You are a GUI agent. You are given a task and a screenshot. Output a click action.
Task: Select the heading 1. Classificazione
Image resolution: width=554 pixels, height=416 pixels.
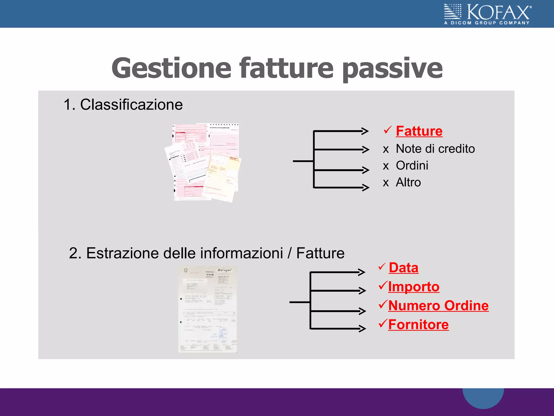pos(123,105)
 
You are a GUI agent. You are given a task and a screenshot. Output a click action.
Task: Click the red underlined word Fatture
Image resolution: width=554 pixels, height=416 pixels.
pos(419,131)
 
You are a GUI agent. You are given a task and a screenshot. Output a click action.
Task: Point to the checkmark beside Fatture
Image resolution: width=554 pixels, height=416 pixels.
pos(387,130)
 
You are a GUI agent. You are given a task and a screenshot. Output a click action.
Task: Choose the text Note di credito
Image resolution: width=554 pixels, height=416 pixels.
pos(435,149)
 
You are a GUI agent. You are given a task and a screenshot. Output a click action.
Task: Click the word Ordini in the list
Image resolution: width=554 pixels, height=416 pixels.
pos(412,165)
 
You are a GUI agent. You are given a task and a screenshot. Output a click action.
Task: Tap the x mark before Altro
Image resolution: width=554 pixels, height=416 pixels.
pos(386,183)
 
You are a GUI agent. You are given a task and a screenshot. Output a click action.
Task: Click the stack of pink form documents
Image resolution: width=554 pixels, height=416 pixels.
pos(203,162)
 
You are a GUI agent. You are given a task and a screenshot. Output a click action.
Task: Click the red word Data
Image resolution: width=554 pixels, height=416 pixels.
pos(403,268)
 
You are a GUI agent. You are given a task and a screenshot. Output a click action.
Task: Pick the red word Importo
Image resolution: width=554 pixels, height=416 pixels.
pos(414,287)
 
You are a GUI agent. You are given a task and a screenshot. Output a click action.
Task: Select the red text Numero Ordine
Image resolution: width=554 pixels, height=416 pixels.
pos(438,306)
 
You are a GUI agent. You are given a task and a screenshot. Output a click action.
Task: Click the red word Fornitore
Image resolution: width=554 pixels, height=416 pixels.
pos(418,325)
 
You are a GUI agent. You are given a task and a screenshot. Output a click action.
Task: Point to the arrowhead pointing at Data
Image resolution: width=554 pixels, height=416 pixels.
pos(362,272)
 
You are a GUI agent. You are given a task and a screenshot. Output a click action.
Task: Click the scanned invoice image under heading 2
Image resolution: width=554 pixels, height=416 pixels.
pos(207,309)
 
